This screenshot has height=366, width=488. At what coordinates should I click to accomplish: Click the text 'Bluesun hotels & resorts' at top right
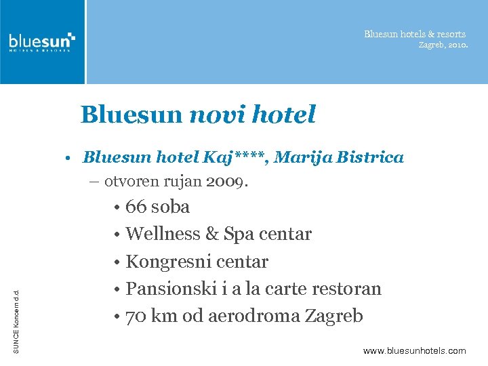pos(415,34)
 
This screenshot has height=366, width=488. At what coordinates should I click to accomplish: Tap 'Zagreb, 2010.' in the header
pos(443,45)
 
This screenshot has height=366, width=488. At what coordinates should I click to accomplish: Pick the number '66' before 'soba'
pos(137,207)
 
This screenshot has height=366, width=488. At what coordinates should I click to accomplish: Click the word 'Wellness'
pos(163,235)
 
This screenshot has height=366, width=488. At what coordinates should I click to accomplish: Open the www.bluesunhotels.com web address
pos(415,350)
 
